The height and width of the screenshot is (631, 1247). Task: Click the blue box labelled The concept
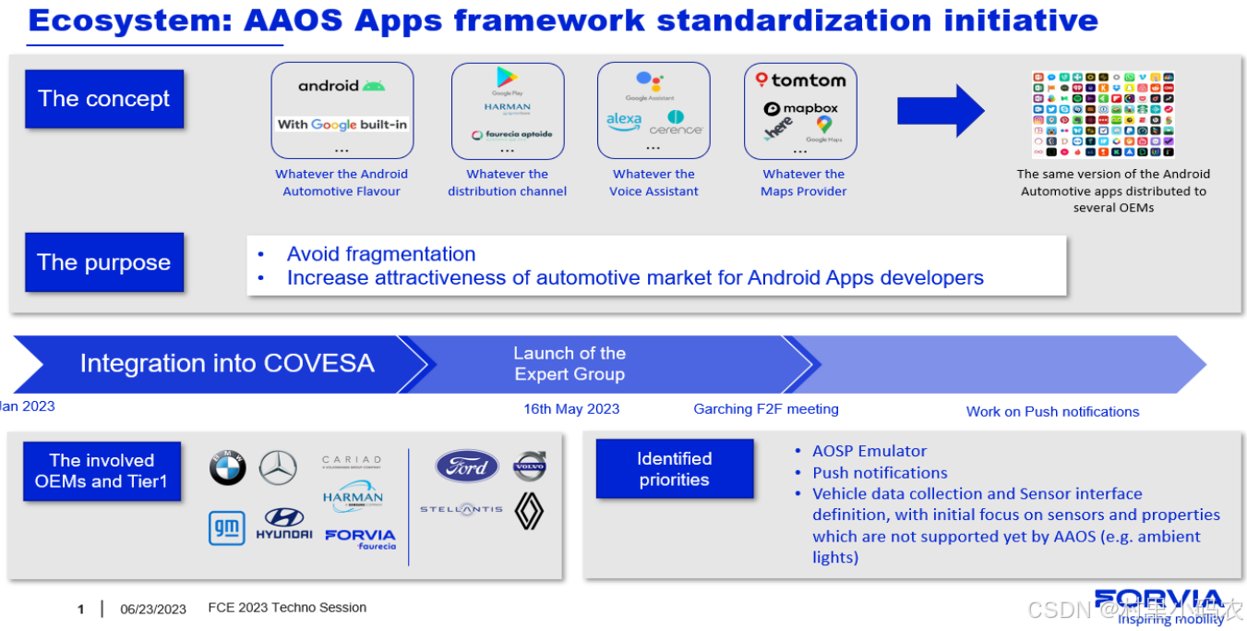point(104,99)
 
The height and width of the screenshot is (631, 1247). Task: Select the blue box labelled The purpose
point(104,262)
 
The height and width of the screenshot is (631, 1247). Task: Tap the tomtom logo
point(800,80)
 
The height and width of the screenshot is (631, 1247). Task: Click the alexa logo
point(624,120)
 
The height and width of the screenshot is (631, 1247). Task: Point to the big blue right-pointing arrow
point(941,111)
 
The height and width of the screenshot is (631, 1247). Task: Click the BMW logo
point(227,468)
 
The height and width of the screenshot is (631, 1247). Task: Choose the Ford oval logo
point(467,467)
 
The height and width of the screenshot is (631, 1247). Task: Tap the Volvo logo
point(530,467)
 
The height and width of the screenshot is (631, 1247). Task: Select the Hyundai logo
point(284,524)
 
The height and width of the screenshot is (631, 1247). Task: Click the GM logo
point(227,528)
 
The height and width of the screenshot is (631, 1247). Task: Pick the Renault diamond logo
point(530,511)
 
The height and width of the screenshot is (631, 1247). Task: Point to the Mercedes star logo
point(278,468)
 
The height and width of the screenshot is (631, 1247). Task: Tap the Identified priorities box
point(675,469)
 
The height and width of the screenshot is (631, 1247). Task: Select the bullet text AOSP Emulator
point(869,451)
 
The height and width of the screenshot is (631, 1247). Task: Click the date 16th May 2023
point(571,409)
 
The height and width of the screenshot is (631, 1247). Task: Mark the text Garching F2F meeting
point(766,409)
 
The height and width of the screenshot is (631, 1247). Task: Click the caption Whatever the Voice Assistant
point(653,183)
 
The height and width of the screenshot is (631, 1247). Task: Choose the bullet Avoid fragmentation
point(381,254)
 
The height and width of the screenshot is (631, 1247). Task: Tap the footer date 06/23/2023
point(153,609)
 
